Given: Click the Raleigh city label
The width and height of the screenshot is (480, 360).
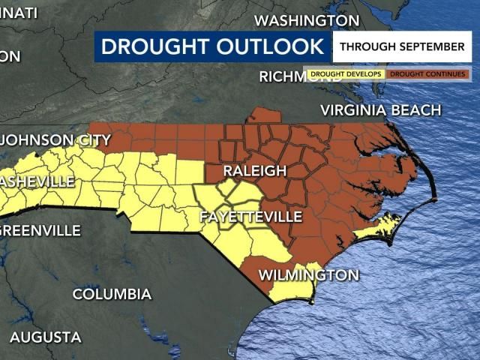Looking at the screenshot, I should point(255,171).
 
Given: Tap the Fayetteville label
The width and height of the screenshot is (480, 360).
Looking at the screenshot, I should point(250,217).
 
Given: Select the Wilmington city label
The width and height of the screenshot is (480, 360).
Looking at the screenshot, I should point(308,275).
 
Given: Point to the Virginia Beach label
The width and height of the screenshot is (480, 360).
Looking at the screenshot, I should point(380,111).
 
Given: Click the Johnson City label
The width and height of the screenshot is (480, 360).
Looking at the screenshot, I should point(57,140).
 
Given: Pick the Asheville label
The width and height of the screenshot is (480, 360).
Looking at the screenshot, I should point(37,181).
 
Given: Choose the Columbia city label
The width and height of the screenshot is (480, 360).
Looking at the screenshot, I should point(112,294).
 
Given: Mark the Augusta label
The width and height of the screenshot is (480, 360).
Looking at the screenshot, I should point(45,337).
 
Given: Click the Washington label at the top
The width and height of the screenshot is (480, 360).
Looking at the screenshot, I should point(307,20).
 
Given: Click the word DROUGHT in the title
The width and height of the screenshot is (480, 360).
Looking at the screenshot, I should point(154,46).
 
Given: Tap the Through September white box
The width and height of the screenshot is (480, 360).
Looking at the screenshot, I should point(401,46).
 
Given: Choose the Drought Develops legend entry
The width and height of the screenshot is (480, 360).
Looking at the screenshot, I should point(346,74).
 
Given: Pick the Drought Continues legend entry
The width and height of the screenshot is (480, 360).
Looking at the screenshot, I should point(427,74).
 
